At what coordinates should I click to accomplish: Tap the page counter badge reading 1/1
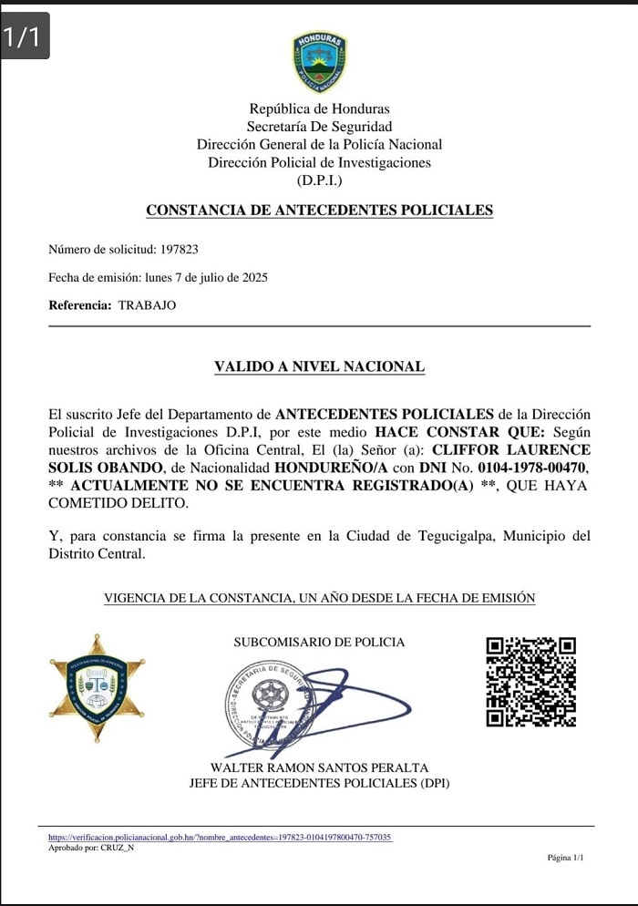24,37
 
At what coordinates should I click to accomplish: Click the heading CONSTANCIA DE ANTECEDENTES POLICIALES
319,211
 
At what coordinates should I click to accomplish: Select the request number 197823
179,249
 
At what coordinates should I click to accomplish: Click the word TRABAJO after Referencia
147,305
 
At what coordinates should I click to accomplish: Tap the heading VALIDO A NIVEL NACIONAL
319,367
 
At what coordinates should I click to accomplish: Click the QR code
530,681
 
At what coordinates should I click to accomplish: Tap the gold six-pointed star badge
97,688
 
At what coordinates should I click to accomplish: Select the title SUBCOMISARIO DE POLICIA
319,643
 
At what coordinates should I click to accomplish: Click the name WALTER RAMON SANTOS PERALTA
319,768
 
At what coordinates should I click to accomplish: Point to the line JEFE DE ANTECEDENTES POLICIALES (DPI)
319,783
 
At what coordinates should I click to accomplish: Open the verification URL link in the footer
220,837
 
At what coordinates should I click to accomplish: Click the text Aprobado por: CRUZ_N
91,848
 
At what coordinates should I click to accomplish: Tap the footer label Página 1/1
565,858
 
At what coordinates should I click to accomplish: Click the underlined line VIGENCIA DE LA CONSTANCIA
319,599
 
